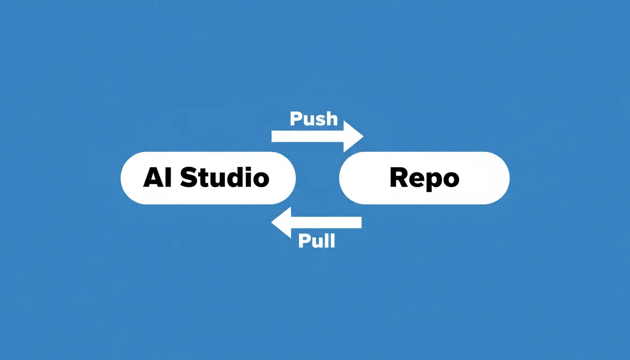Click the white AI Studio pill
click(x=208, y=178)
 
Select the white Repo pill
click(x=424, y=178)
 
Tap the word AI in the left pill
click(x=157, y=178)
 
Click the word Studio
click(x=225, y=177)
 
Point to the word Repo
click(x=424, y=179)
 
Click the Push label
click(x=314, y=119)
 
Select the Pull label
click(x=317, y=241)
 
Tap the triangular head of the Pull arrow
click(x=281, y=222)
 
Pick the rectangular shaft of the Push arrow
click(x=307, y=136)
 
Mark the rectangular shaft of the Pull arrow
click(x=326, y=223)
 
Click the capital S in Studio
click(x=188, y=177)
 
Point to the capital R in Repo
click(x=399, y=177)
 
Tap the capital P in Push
click(x=296, y=119)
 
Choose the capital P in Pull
click(x=304, y=241)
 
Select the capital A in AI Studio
click(x=153, y=178)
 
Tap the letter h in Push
click(x=332, y=119)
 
